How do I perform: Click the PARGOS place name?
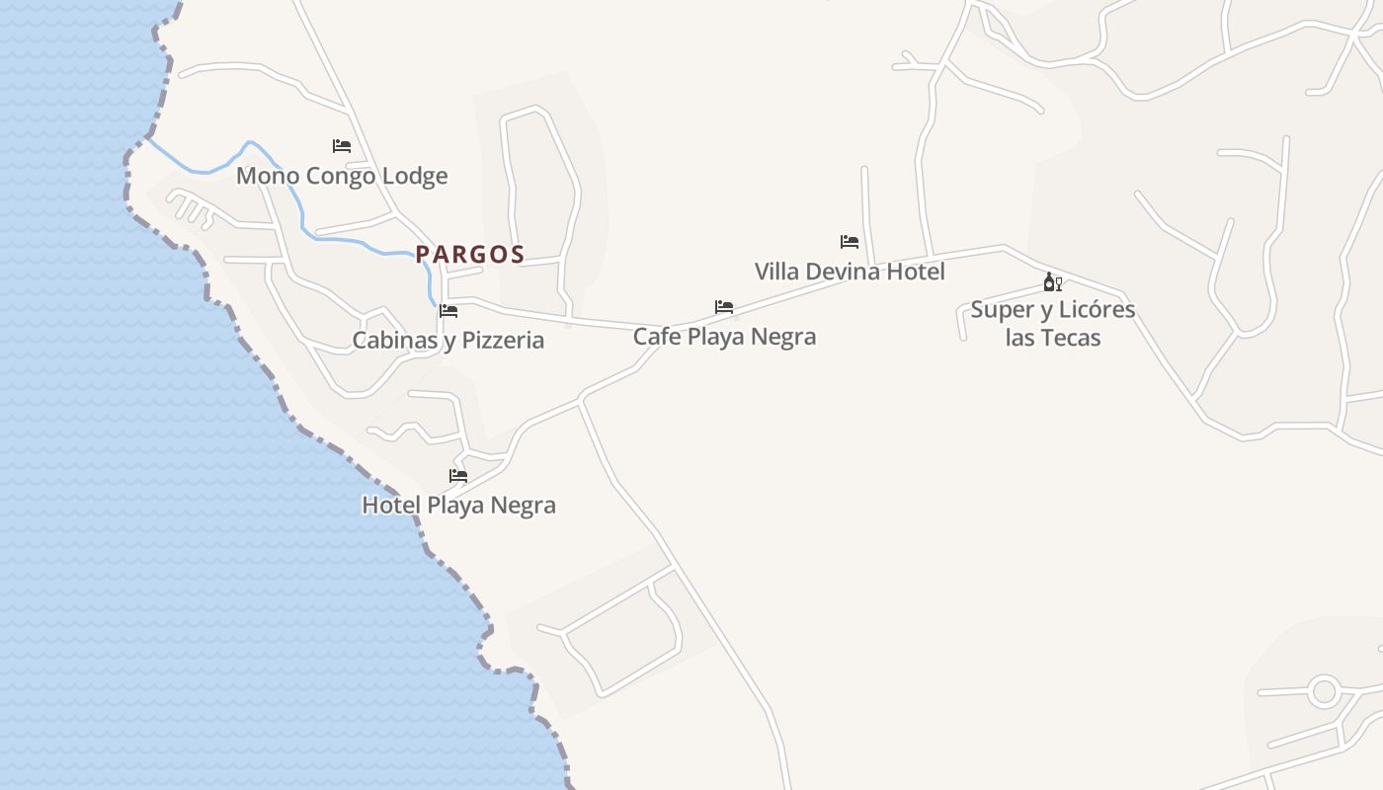click(x=469, y=254)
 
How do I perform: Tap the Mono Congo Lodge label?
click(x=342, y=176)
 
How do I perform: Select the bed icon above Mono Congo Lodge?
click(x=342, y=145)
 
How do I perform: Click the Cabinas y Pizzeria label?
click(x=448, y=340)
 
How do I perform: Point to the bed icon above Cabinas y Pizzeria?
click(x=448, y=311)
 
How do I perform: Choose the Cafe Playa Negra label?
click(x=724, y=336)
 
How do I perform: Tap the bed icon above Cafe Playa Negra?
click(x=724, y=307)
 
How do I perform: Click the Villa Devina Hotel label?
click(x=850, y=271)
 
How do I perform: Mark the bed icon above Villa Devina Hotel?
click(x=850, y=241)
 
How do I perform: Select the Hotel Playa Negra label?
click(x=458, y=505)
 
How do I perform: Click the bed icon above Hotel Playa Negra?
click(x=458, y=475)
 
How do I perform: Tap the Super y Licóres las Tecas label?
click(x=1053, y=323)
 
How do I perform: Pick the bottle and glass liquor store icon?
click(x=1053, y=282)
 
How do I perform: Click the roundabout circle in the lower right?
click(x=1324, y=690)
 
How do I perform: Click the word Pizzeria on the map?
click(x=504, y=340)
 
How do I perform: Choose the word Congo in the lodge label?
click(x=342, y=176)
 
